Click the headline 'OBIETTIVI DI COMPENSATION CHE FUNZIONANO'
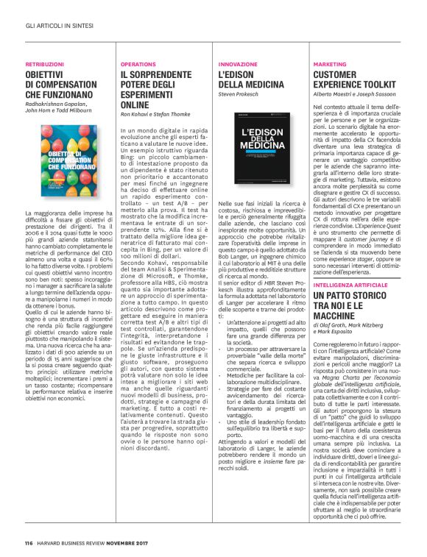[x=61, y=85]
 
